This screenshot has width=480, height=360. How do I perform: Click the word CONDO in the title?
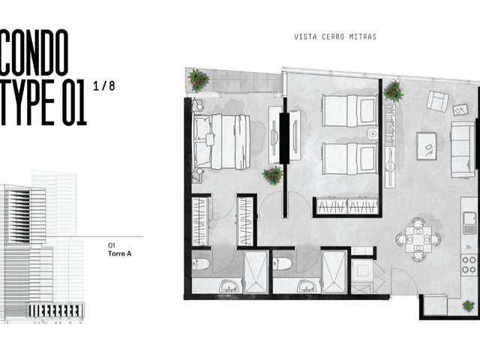coord(34,52)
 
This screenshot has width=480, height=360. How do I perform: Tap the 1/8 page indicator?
coord(104,86)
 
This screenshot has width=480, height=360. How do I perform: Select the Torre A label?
coord(120,253)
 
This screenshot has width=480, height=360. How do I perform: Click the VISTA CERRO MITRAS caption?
coord(335,37)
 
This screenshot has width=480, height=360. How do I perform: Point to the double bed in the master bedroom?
coord(221,142)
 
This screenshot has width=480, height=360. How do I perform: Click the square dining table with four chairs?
coord(418,239)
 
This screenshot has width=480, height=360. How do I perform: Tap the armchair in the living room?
coord(437,101)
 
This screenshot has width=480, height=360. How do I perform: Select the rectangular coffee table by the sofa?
coord(427,146)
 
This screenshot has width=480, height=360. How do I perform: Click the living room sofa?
coord(463,150)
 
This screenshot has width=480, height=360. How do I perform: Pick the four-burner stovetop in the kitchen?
coord(469,265)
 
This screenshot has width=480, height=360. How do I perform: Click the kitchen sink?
coord(469,223)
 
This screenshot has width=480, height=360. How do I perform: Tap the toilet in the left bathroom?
coord(201,264)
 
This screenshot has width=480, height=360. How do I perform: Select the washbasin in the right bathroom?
coord(307,286)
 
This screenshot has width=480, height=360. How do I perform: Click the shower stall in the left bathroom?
coord(256,271)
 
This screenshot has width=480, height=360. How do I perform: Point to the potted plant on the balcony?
coord(198,80)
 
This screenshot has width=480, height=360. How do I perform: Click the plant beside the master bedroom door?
coord(272,175)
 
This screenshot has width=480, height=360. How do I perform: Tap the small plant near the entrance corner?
coord(468,305)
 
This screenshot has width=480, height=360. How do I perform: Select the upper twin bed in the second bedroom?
coord(350,110)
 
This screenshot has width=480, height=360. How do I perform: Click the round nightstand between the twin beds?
coord(373,134)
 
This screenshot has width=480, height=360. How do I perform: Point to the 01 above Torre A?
coord(112,245)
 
